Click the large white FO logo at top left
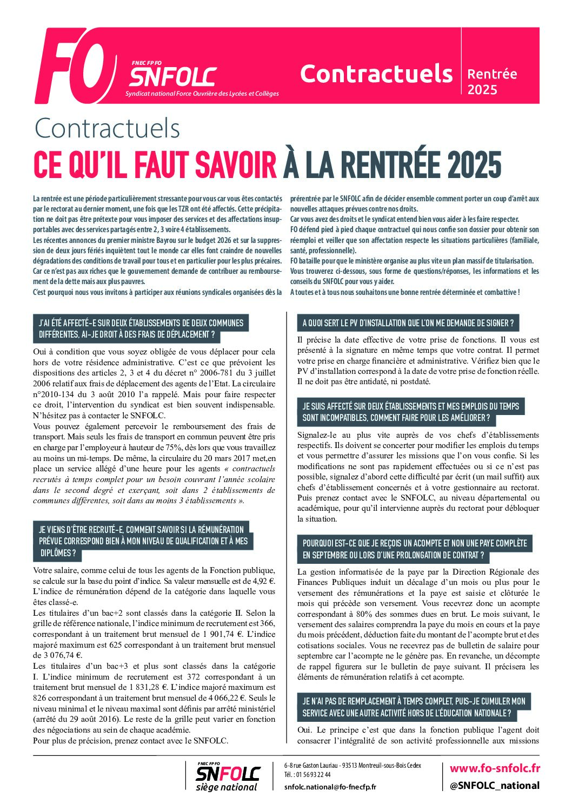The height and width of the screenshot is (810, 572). click(x=76, y=66)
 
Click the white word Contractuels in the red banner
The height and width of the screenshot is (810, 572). click(x=376, y=74)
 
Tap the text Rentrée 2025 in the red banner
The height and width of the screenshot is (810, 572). click(x=491, y=81)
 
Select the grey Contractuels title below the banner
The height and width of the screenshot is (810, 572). click(x=107, y=128)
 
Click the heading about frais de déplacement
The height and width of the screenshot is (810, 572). click(x=141, y=328)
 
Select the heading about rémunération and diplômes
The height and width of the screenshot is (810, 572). click(x=143, y=541)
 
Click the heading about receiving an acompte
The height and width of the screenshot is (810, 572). click(x=414, y=549)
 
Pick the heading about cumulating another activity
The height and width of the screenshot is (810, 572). click(x=414, y=707)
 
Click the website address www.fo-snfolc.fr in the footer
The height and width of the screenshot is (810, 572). click(x=495, y=768)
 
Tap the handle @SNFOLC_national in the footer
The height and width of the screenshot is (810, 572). click(x=495, y=785)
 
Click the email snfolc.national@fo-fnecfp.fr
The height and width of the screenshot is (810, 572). click(x=330, y=787)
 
